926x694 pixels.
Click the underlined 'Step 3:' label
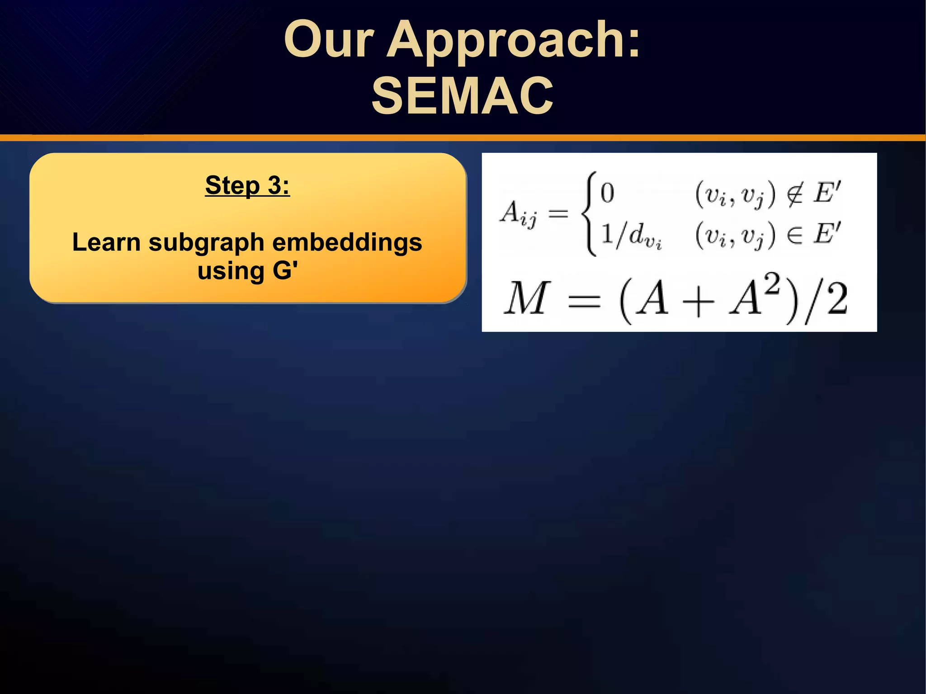click(247, 185)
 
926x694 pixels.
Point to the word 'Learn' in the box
click(106, 242)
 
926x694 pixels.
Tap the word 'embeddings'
click(347, 242)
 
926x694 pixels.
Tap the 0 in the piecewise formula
click(607, 193)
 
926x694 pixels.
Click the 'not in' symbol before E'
click(794, 194)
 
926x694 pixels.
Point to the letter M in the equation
click(527, 298)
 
